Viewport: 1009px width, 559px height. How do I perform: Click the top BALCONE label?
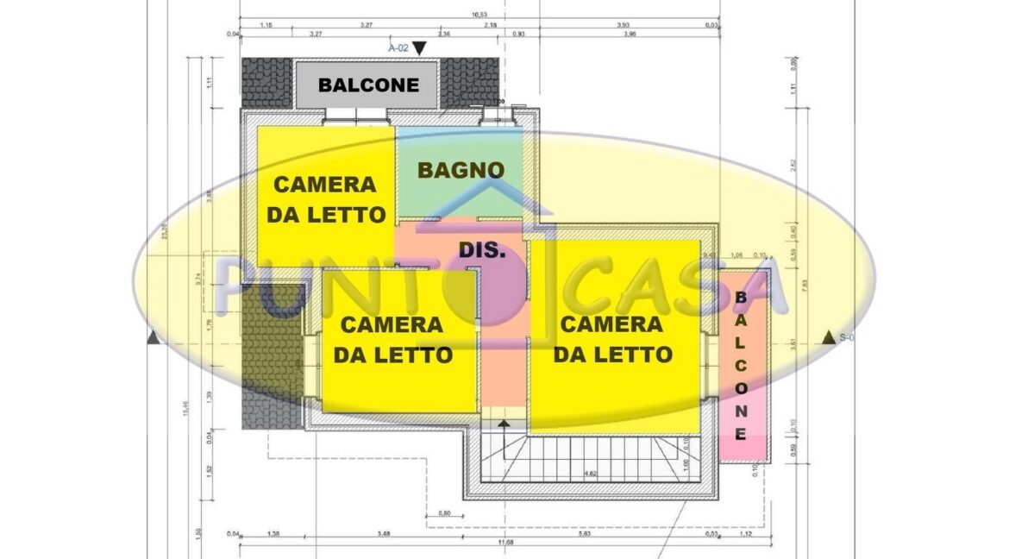coord(368,85)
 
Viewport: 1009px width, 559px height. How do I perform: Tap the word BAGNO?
coord(461,170)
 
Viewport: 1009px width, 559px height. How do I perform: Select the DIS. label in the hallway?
coord(481,250)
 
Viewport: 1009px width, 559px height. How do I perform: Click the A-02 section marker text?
coord(398,48)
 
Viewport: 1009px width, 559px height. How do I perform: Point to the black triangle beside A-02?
coord(420,49)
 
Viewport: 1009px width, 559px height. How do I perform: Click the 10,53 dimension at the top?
coord(480,15)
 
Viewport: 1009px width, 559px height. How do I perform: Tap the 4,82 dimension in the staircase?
coord(592,473)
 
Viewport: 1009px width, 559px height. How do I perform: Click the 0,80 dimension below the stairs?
coord(445,513)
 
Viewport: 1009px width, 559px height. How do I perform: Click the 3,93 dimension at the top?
coord(623,25)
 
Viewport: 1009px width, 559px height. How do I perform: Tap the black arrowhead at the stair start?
coord(504,423)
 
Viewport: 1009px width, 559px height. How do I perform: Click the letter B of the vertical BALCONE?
coord(740,298)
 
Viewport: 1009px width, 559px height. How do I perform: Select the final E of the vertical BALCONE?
coord(740,434)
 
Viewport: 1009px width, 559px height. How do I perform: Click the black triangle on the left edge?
coord(154,337)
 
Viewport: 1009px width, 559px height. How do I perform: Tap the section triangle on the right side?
coord(829,337)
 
